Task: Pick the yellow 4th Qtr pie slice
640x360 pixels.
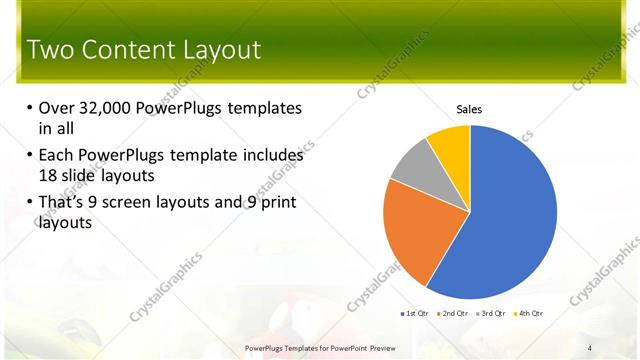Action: [451, 145]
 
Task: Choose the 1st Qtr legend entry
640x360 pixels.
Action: [417, 314]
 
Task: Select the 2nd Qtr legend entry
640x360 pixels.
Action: [455, 314]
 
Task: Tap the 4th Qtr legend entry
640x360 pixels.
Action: [530, 314]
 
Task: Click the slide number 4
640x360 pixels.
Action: [590, 347]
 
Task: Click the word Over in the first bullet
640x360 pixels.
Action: [57, 108]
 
